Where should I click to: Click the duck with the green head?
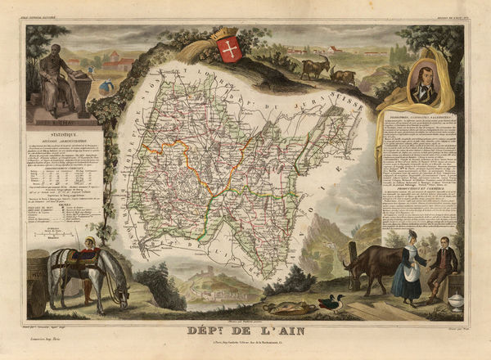330,303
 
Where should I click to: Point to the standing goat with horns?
314,65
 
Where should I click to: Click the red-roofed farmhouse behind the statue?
115,60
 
